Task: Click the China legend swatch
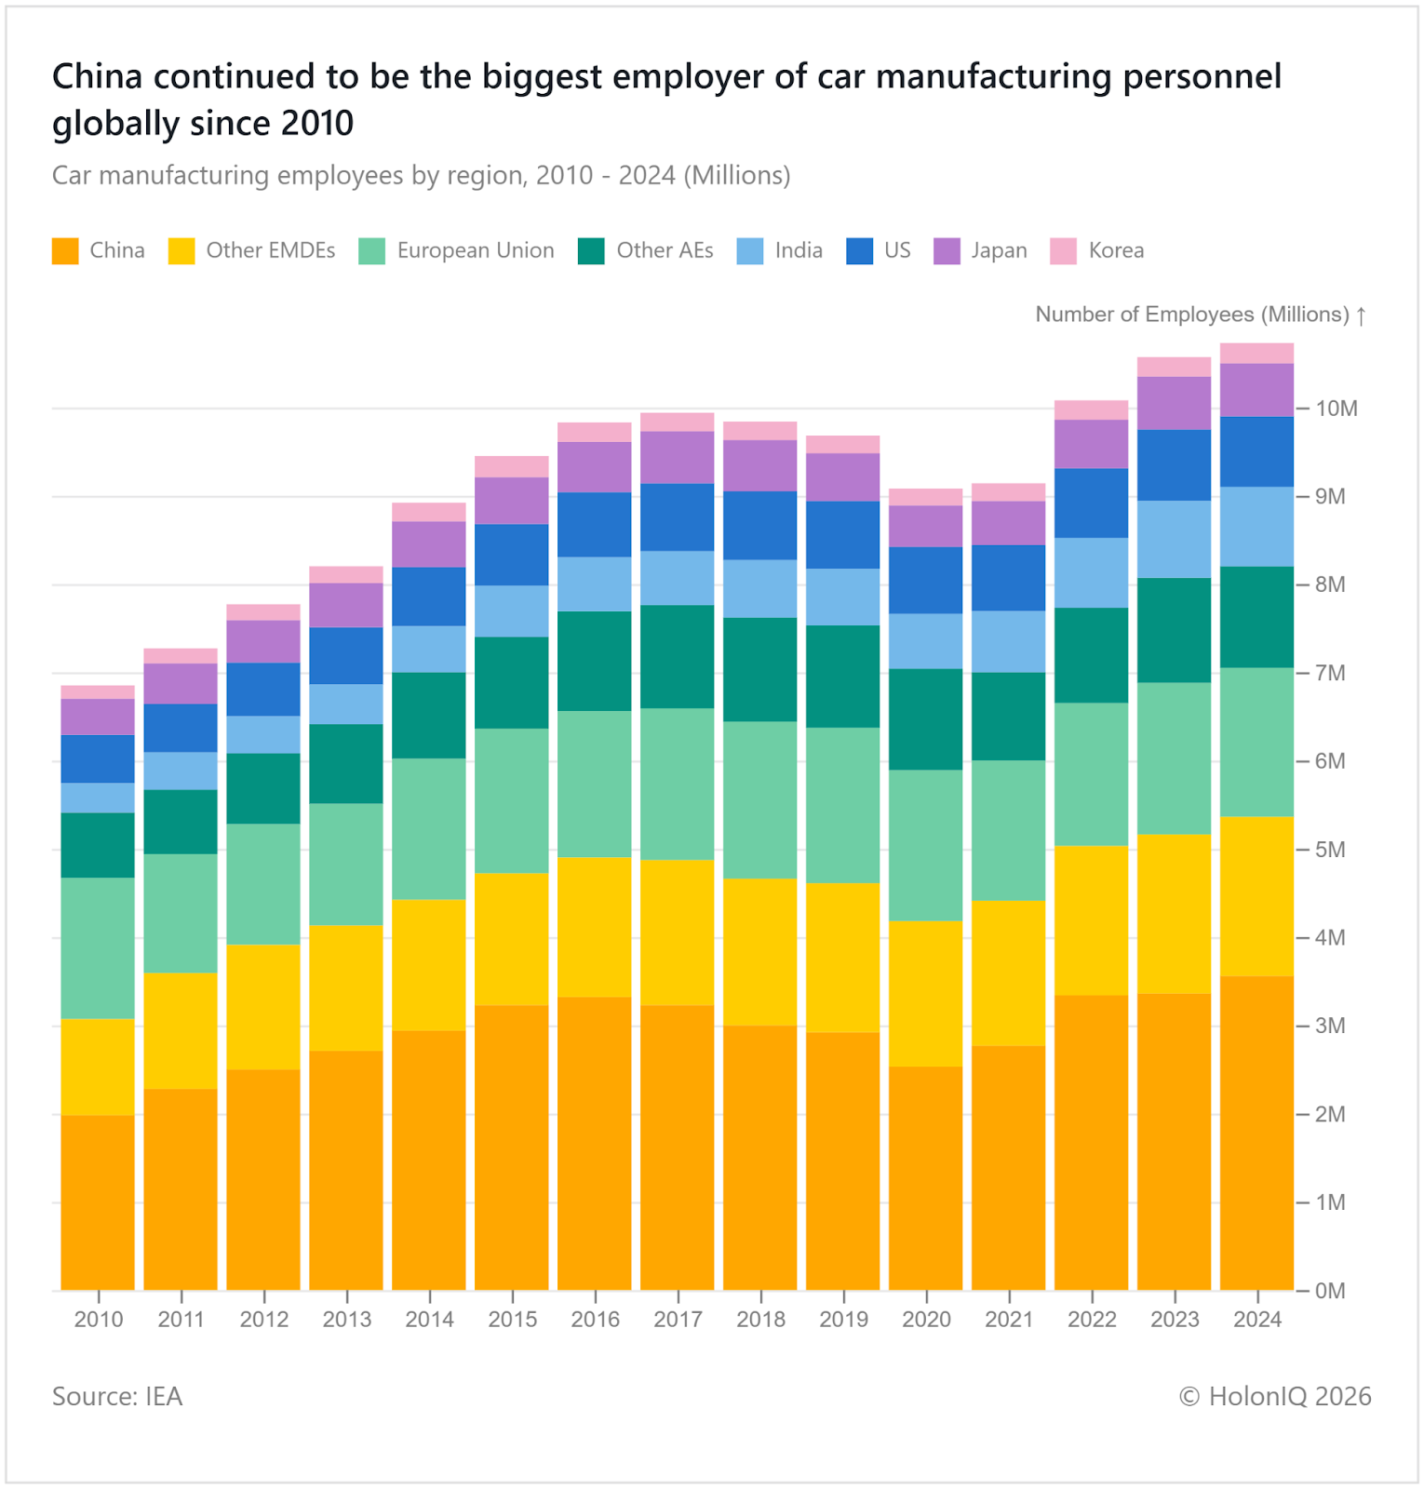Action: (x=65, y=251)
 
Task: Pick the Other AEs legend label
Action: (x=665, y=251)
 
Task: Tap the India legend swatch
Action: (x=750, y=251)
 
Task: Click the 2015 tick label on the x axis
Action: (x=512, y=1319)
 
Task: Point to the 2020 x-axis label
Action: (x=926, y=1319)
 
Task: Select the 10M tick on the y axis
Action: (x=1337, y=409)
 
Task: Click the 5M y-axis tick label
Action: (x=1331, y=850)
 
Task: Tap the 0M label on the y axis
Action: (x=1331, y=1291)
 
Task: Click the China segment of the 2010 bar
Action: (x=98, y=1202)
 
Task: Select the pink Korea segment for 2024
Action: (x=1256, y=354)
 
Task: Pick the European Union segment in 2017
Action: (x=678, y=784)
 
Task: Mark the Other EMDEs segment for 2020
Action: (x=926, y=993)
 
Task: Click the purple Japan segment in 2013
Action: (x=346, y=605)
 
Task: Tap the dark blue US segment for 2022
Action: (x=1091, y=503)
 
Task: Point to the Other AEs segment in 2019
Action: (x=843, y=677)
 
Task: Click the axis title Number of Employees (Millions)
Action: (x=1192, y=315)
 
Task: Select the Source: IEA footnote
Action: (x=117, y=1397)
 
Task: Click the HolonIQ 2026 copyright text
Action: (x=1275, y=1397)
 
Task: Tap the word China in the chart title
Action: (x=97, y=76)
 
